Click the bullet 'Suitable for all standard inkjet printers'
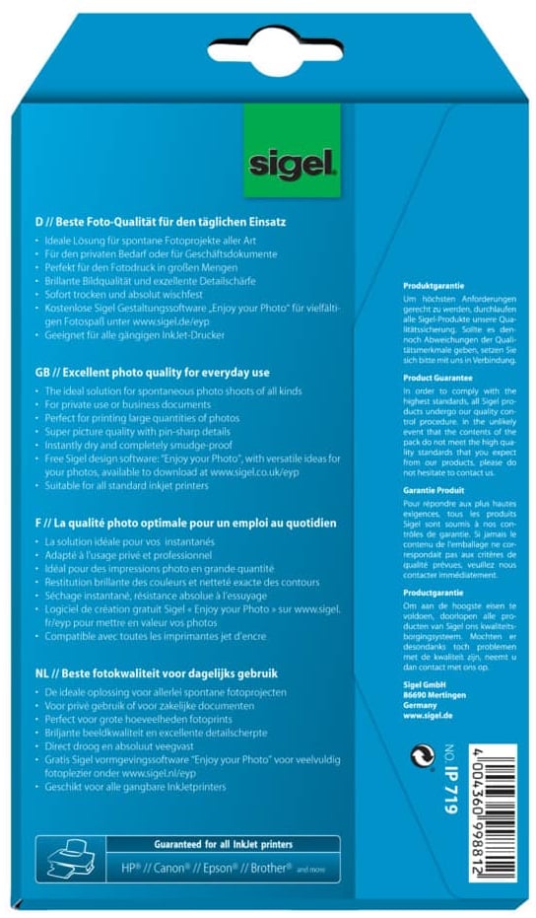[129, 485]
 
